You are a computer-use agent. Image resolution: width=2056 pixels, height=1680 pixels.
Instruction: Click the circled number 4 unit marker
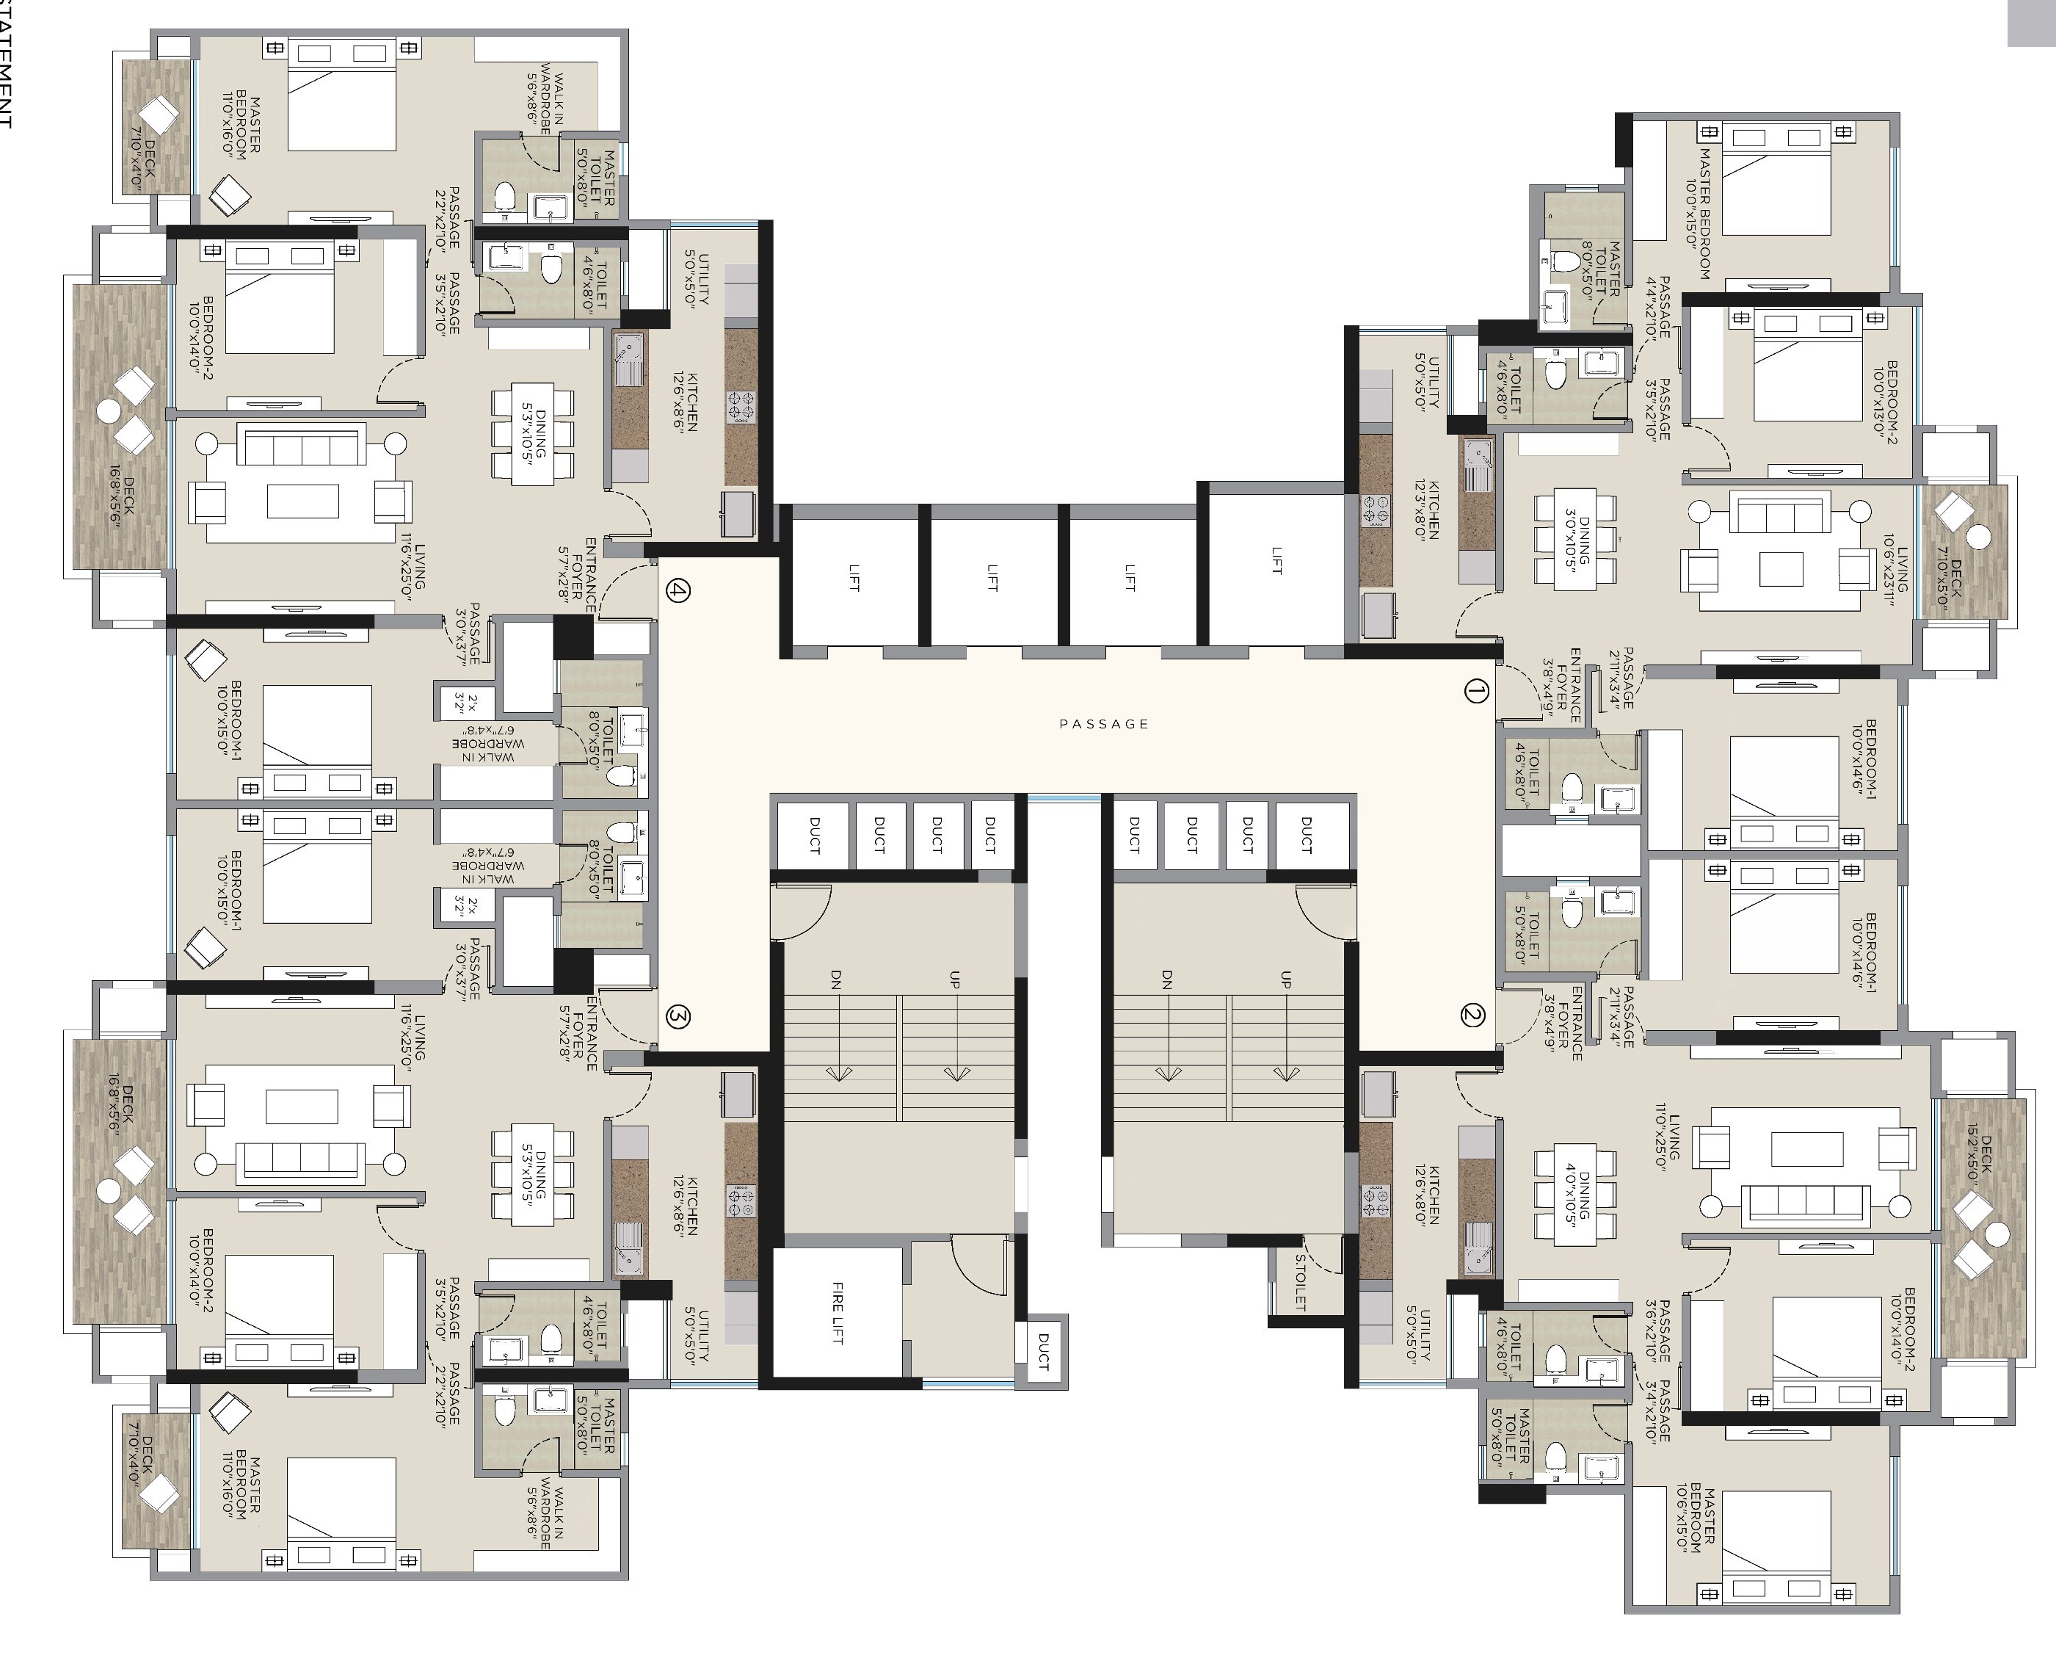[x=678, y=590]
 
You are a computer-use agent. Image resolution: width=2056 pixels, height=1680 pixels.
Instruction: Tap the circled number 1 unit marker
[x=1475, y=691]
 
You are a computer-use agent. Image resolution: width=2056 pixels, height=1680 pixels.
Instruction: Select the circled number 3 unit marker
[x=678, y=1016]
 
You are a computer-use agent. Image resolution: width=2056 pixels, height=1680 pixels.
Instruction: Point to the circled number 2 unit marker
[x=1472, y=1015]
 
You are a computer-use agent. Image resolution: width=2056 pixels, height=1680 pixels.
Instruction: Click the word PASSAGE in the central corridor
[x=1104, y=724]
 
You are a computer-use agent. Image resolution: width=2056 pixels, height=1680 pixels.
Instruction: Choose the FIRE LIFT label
[x=838, y=1312]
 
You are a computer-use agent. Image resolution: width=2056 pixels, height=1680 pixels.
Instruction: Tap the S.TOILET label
[x=1301, y=1282]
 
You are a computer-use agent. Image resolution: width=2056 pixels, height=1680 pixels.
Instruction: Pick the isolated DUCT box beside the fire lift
[x=1042, y=1352]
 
